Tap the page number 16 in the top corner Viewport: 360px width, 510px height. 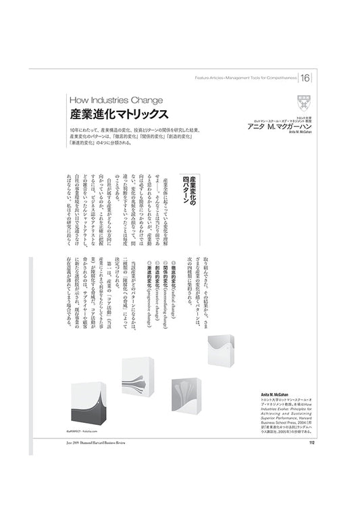point(324,79)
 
